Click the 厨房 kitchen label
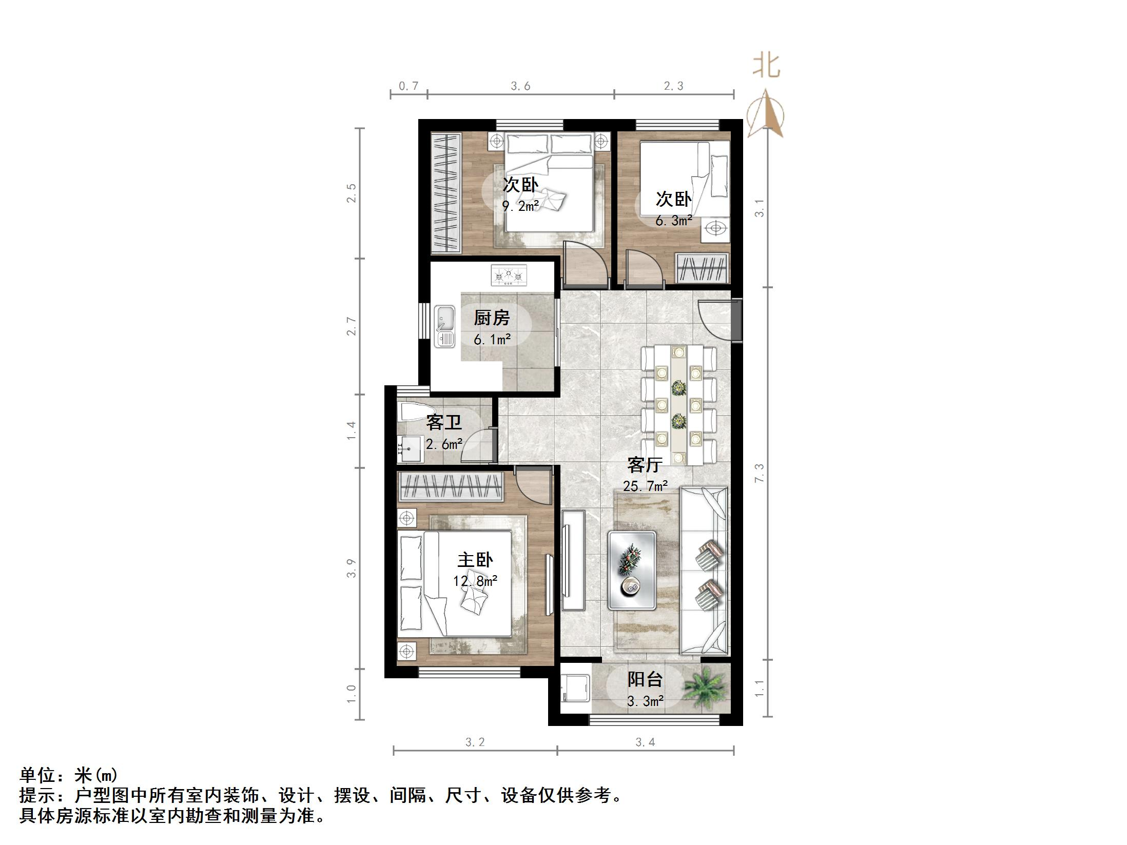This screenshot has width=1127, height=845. click(491, 318)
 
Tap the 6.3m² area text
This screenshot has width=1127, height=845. click(673, 221)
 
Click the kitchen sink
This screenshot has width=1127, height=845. click(445, 326)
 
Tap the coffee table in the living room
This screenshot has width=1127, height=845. click(632, 571)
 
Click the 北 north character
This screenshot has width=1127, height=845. click(766, 66)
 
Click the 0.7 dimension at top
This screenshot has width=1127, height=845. click(409, 86)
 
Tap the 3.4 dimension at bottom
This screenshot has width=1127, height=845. click(645, 742)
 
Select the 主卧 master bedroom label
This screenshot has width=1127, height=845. click(475, 560)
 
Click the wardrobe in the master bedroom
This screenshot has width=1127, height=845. click(451, 486)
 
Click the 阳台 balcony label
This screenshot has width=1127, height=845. click(645, 679)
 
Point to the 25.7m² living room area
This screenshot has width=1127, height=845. click(645, 486)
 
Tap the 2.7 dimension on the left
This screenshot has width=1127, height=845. click(352, 327)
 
